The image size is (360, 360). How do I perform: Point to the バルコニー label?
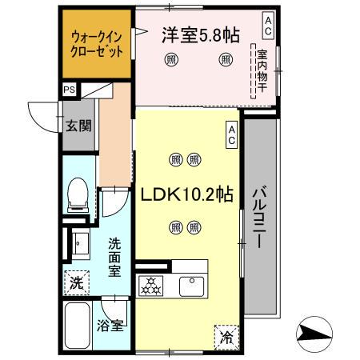[259, 216]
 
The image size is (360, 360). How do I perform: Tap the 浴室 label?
[110, 326]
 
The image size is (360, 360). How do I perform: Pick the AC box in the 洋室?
[267, 25]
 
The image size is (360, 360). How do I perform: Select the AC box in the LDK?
[231, 132]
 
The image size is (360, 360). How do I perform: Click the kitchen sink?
[192, 285]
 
